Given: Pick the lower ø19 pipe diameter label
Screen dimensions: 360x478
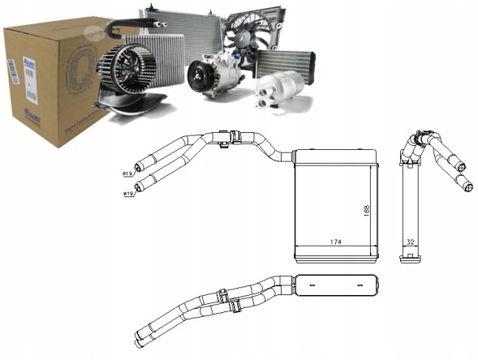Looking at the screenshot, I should click(127, 195).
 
